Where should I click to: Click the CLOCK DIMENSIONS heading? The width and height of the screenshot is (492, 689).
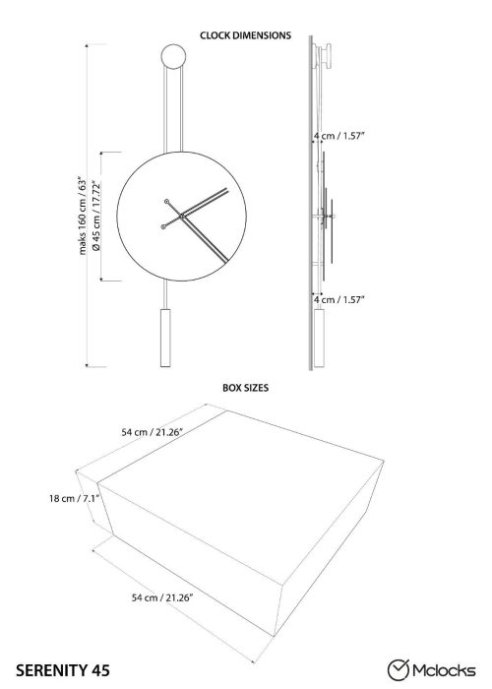pyautogui.click(x=245, y=35)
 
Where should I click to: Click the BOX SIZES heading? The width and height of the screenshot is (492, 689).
pyautogui.click(x=245, y=388)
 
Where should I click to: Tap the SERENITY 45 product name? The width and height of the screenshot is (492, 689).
pyautogui.click(x=63, y=670)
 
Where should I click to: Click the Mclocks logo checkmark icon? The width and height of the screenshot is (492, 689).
pyautogui.click(x=399, y=670)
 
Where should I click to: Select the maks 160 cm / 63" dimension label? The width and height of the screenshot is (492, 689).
pyautogui.click(x=83, y=217)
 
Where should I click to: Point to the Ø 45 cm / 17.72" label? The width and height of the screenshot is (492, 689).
pyautogui.click(x=96, y=216)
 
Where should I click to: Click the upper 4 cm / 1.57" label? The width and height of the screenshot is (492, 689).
pyautogui.click(x=339, y=136)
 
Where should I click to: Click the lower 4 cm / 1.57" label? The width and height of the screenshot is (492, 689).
pyautogui.click(x=339, y=299)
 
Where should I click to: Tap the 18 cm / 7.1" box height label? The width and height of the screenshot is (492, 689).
pyautogui.click(x=75, y=498)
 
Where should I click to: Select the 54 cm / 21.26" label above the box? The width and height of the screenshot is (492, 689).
pyautogui.click(x=152, y=432)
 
